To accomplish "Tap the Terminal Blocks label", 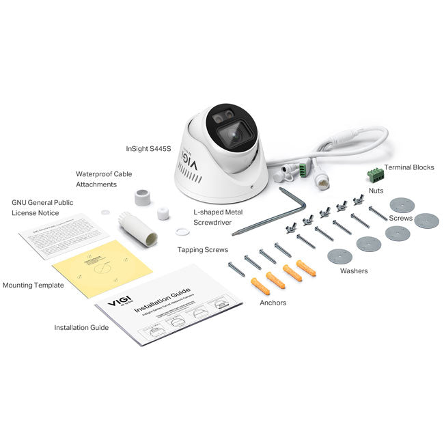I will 409,167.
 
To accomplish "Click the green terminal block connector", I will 374,174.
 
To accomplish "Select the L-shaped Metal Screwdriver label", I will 217,217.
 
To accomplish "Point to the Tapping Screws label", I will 203,250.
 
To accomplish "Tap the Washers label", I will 353,271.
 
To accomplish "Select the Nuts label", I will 376,191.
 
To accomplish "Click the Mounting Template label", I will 33,285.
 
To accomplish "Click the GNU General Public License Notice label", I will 42,207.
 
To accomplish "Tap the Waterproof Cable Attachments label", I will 105,179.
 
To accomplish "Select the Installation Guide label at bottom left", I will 81,328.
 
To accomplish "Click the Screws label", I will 400,219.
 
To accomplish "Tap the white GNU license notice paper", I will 64,234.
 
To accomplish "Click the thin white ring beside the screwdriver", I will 182,232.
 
